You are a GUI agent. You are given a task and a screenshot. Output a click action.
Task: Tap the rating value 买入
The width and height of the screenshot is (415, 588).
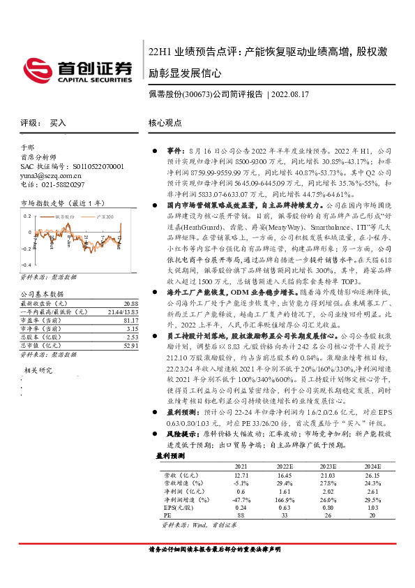58,122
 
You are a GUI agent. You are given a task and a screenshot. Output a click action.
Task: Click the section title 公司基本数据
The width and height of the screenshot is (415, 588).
42,294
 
